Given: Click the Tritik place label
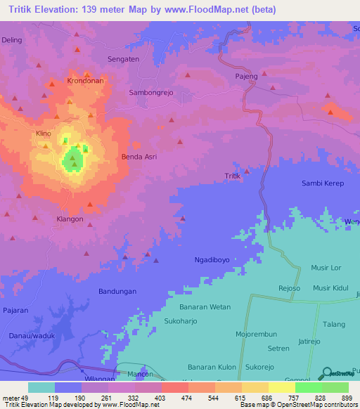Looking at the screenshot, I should click(232, 176).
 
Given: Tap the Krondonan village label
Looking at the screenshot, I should click(85, 81).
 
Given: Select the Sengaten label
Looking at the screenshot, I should click(122, 60).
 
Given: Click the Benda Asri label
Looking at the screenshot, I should click(139, 157).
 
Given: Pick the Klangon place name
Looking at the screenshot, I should click(70, 219).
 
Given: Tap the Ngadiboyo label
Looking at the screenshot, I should click(212, 260).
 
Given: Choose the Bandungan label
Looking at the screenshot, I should click(117, 291).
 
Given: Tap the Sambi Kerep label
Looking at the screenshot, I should click(321, 183).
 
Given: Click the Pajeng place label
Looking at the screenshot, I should click(247, 76).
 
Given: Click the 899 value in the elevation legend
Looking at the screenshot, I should click(347, 398).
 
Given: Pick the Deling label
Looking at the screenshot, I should click(12, 40).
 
